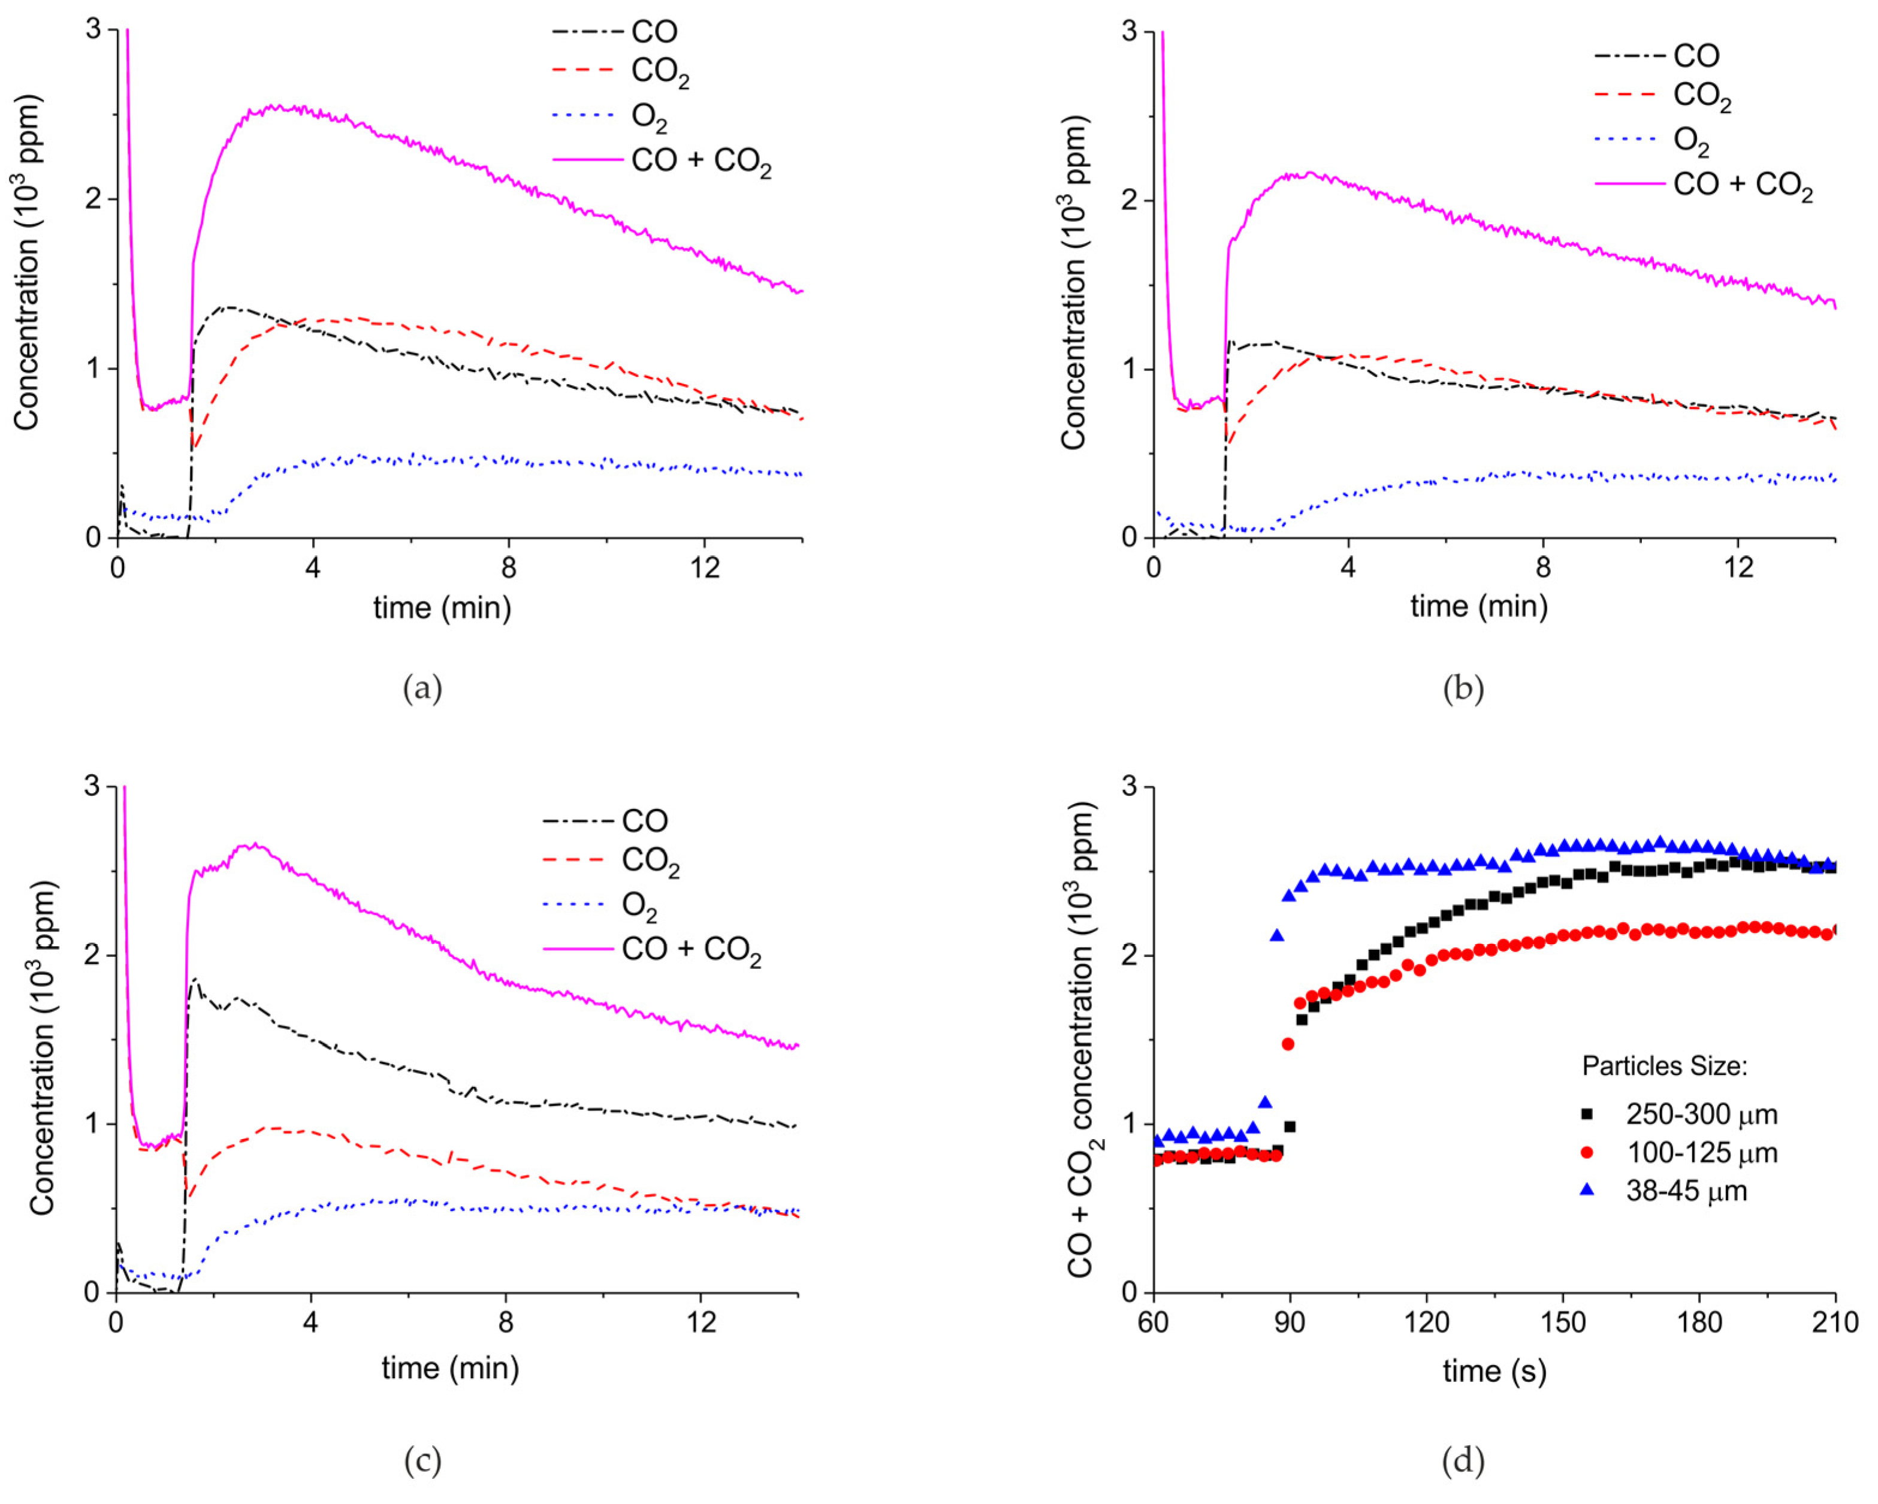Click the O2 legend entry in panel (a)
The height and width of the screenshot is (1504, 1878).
649,117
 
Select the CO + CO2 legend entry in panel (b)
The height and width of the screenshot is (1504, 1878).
1742,186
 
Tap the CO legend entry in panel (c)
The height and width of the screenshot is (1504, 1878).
645,820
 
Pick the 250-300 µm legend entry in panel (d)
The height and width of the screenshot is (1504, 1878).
1701,1114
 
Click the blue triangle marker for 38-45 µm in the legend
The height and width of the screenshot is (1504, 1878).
1587,1189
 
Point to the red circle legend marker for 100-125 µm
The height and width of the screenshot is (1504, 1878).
1587,1152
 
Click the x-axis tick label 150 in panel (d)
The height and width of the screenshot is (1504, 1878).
1563,1322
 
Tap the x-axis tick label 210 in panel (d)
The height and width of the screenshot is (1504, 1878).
1835,1322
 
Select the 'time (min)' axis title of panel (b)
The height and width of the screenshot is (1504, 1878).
1479,606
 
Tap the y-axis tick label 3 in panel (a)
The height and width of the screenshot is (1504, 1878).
93,29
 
